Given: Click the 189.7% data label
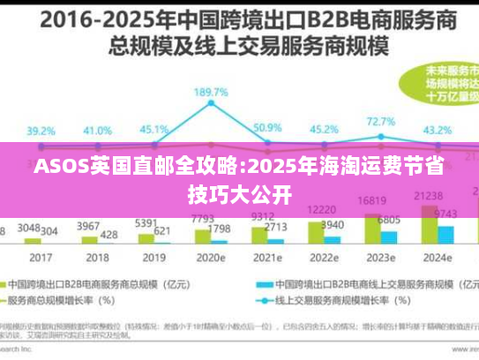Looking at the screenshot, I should click(212, 92).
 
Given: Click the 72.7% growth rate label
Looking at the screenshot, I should click(380, 122).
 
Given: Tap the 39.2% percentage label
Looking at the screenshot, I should click(41, 131).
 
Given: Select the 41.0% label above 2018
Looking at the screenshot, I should click(97, 130).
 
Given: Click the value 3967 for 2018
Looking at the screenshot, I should click(88, 227).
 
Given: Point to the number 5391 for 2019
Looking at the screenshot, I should click(146, 223).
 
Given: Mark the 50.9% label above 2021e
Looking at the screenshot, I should click(267, 128).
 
